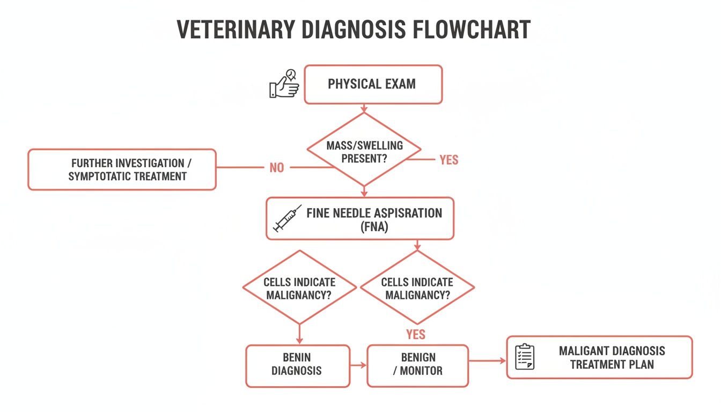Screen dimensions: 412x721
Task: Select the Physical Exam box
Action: pyautogui.click(x=373, y=84)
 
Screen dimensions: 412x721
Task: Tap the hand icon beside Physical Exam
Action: pyautogui.click(x=284, y=84)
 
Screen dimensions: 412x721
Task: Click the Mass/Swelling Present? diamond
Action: pyautogui.click(x=364, y=151)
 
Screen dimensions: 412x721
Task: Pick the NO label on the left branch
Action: pyautogui.click(x=276, y=168)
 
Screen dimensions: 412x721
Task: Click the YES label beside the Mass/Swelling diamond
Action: pyautogui.click(x=448, y=160)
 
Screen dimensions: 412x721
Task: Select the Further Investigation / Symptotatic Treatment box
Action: pyautogui.click(x=122, y=170)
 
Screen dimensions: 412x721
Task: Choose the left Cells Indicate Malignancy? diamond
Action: pyautogui.click(x=299, y=288)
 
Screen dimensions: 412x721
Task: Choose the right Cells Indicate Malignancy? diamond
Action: pyautogui.click(x=417, y=288)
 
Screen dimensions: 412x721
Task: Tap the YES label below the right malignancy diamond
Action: pyautogui.click(x=416, y=335)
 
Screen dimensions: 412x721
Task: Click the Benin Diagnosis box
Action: pyautogui.click(x=297, y=365)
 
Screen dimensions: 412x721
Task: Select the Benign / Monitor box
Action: pyautogui.click(x=417, y=365)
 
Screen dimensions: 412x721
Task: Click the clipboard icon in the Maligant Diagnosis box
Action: pyautogui.click(x=525, y=357)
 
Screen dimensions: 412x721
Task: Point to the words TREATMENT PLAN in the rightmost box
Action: pyautogui.click(x=612, y=365)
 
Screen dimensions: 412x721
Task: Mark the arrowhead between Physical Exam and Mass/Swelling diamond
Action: pyautogui.click(x=364, y=110)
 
